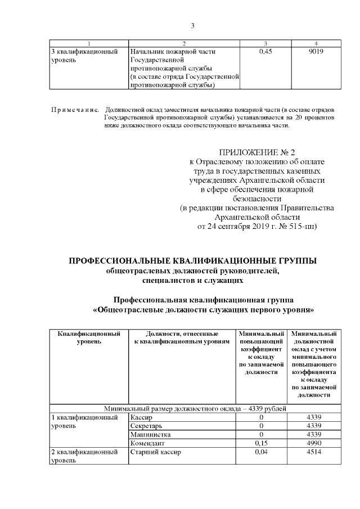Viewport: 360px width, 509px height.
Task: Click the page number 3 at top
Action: click(x=192, y=25)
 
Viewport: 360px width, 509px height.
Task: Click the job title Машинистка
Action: click(x=148, y=434)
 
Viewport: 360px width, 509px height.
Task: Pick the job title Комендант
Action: click(x=147, y=443)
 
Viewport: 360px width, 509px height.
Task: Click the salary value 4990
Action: click(x=314, y=443)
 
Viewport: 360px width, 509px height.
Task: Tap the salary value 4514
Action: click(x=314, y=452)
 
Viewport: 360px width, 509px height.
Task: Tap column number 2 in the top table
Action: click(x=184, y=43)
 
